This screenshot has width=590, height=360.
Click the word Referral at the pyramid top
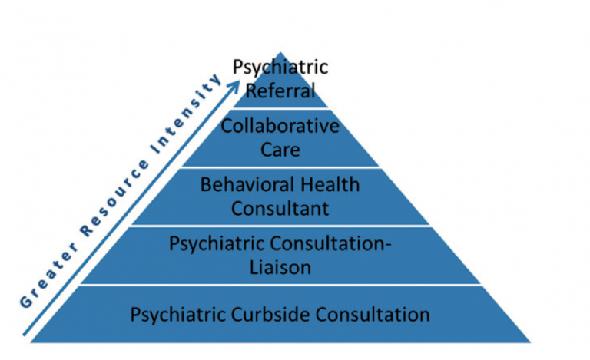click(280, 91)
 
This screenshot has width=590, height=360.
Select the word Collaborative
click(280, 126)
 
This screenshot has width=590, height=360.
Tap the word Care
click(280, 150)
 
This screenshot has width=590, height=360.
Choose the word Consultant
click(280, 208)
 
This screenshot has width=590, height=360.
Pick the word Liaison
click(280, 267)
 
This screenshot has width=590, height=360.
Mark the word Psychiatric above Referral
click(280, 67)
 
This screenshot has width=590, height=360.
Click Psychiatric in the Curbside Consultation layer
click(178, 315)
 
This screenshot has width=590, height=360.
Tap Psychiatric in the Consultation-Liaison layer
click(217, 244)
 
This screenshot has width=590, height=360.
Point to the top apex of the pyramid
click(280, 52)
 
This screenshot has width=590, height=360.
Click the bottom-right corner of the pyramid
click(531, 342)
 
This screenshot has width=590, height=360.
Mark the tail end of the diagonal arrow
click(24, 335)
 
